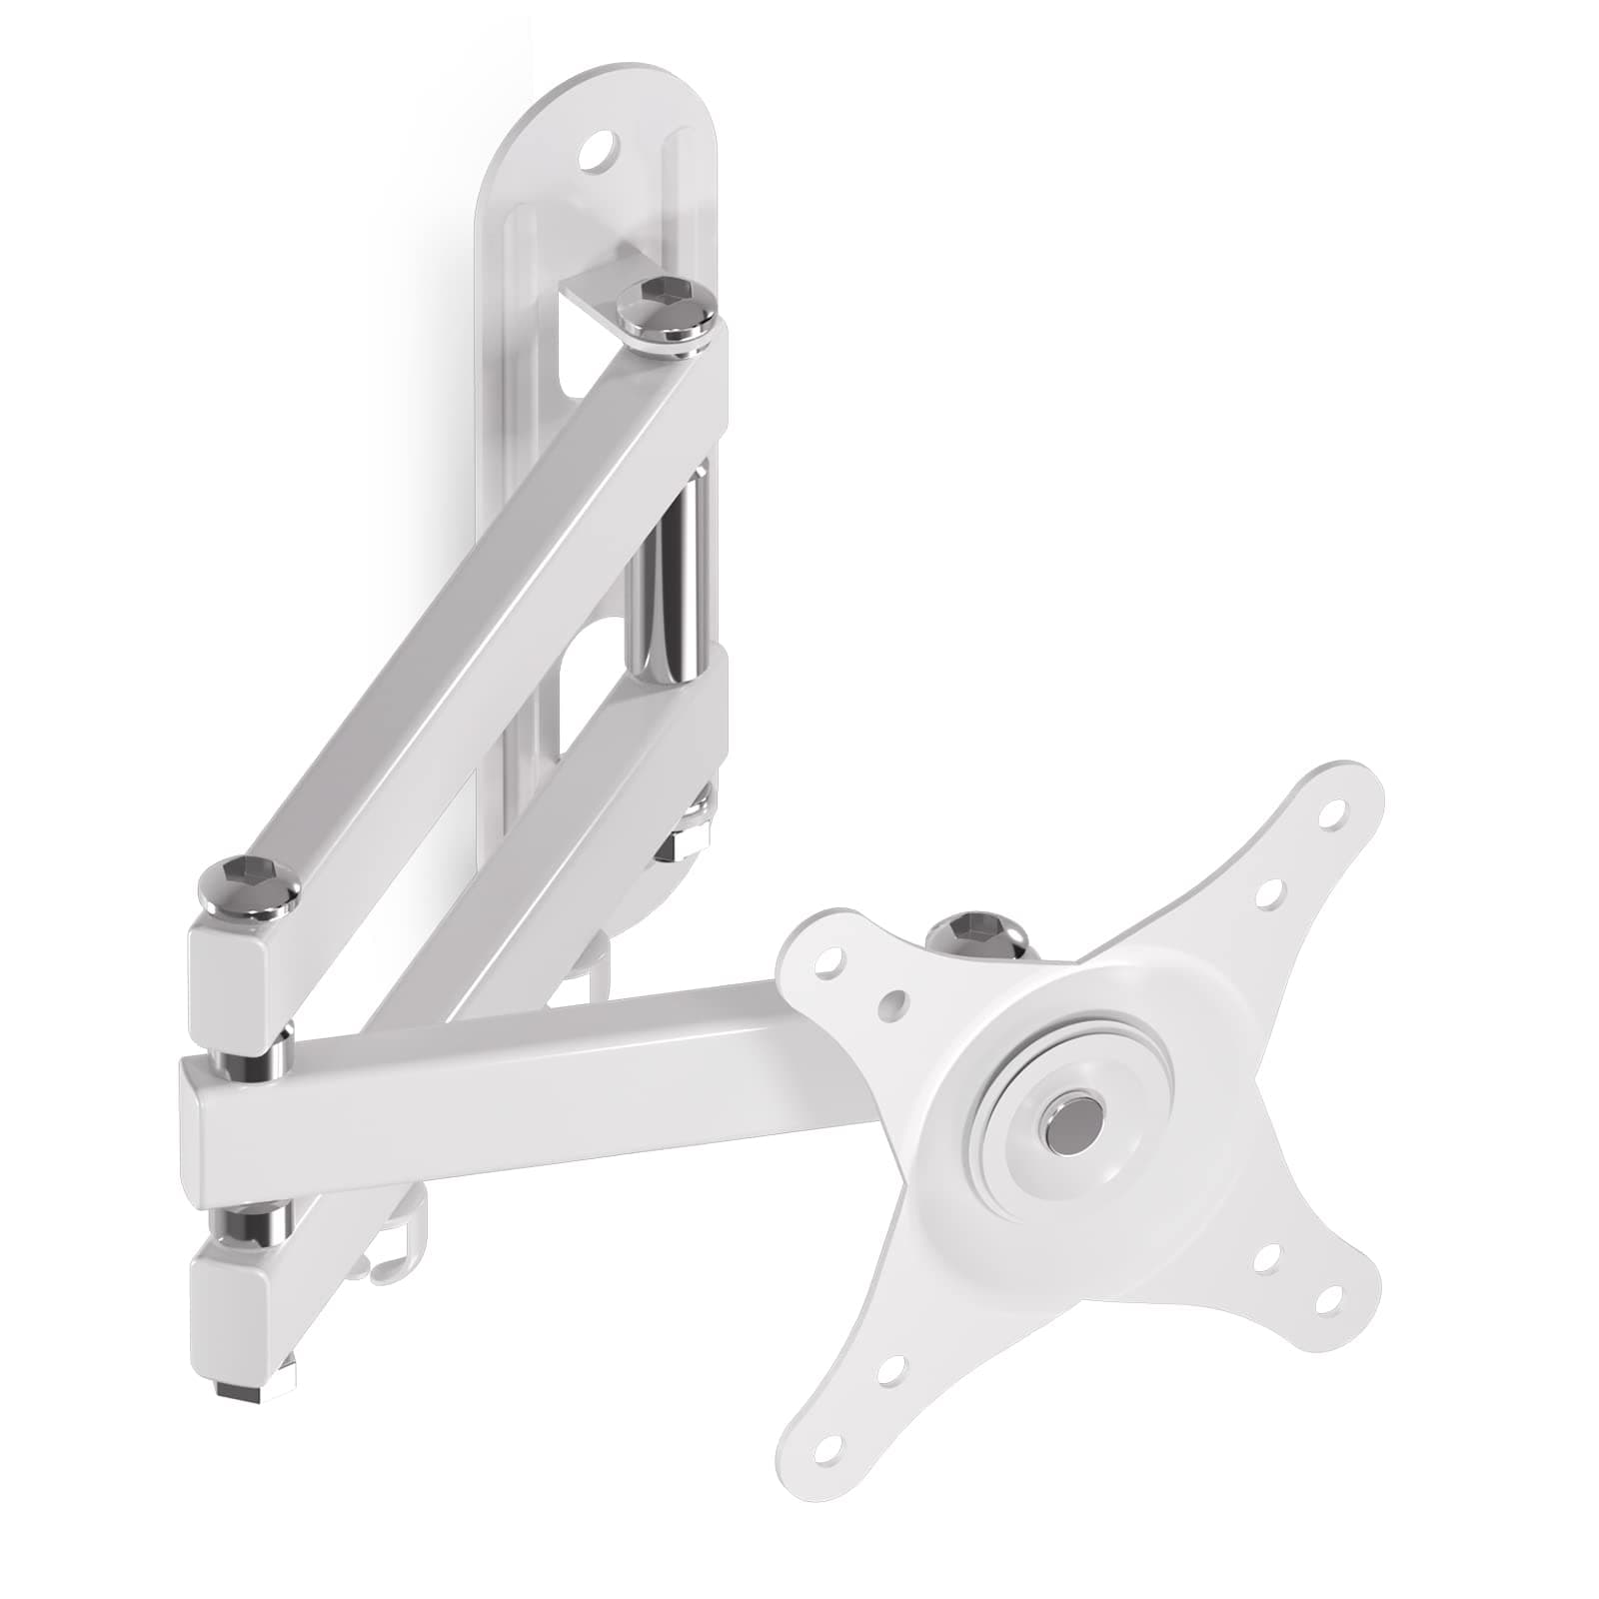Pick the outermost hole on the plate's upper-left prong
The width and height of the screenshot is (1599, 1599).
(826, 966)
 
